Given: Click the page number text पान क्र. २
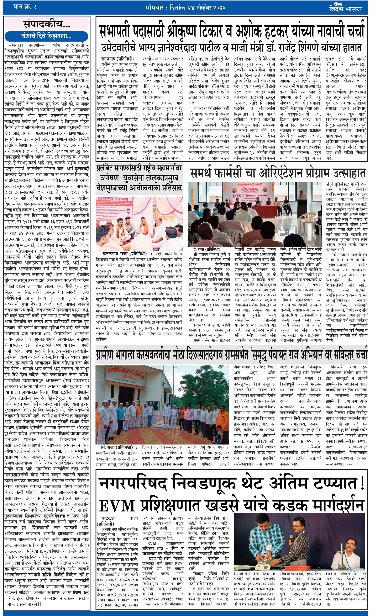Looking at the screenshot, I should tap(25, 7).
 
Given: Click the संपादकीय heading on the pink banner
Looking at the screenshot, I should tap(47, 24).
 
